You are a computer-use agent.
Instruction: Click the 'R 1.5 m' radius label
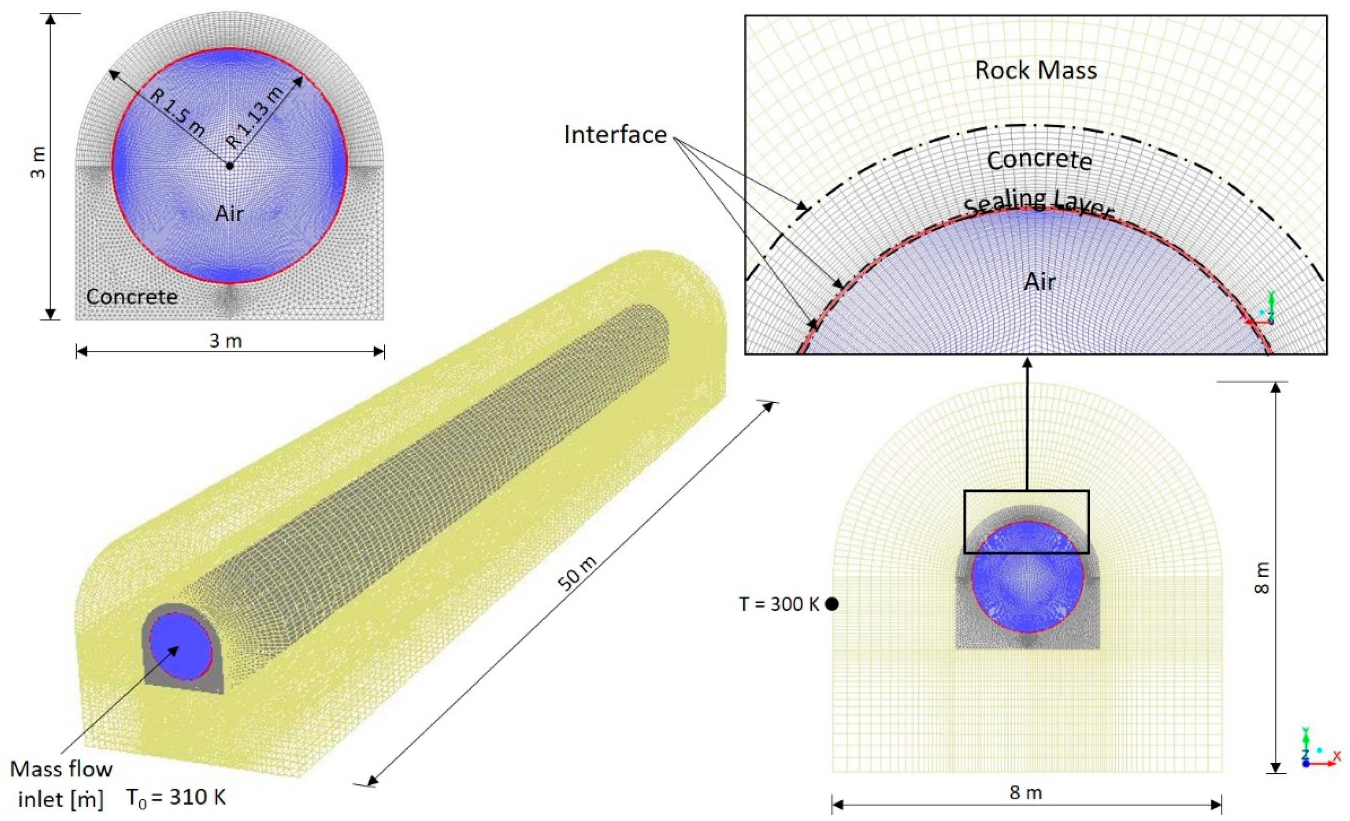pos(177,113)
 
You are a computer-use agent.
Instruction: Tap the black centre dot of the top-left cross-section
pos(229,165)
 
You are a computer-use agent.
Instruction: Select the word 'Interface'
pos(615,135)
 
